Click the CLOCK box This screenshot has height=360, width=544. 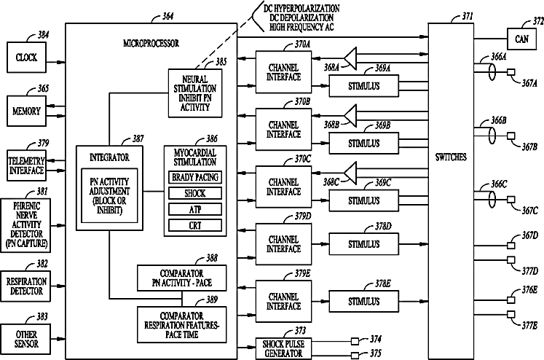tap(27, 58)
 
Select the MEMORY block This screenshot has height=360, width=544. tap(27, 111)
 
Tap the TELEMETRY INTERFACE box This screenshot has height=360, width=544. tap(27, 165)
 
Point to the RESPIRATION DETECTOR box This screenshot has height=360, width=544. tap(25, 286)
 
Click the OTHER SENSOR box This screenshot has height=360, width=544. tap(25, 339)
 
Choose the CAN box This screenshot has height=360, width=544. tap(522, 39)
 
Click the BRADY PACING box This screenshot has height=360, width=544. tap(195, 177)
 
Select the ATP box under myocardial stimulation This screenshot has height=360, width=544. tap(195, 209)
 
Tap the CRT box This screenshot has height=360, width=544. tap(195, 225)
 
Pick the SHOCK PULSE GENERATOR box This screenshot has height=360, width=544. tap(283, 348)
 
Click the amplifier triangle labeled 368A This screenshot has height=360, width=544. tap(350, 58)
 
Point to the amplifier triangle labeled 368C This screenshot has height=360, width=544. tap(350, 173)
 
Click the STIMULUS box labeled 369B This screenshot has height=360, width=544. tap(364, 143)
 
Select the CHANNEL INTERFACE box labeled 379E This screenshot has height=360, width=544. tap(283, 301)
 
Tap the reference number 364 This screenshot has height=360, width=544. tap(167, 16)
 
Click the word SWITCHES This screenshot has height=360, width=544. tap(451, 157)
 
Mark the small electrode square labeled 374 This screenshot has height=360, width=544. tap(355, 342)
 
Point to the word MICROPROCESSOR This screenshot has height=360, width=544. tap(151, 44)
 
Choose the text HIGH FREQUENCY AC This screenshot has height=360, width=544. tap(301, 27)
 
